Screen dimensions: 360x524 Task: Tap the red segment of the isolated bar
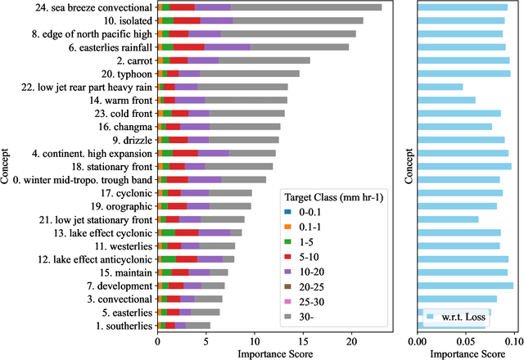[x=187, y=20]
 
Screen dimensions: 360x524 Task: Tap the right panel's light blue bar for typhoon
[x=463, y=74]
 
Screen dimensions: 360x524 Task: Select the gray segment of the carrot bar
[x=264, y=61]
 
